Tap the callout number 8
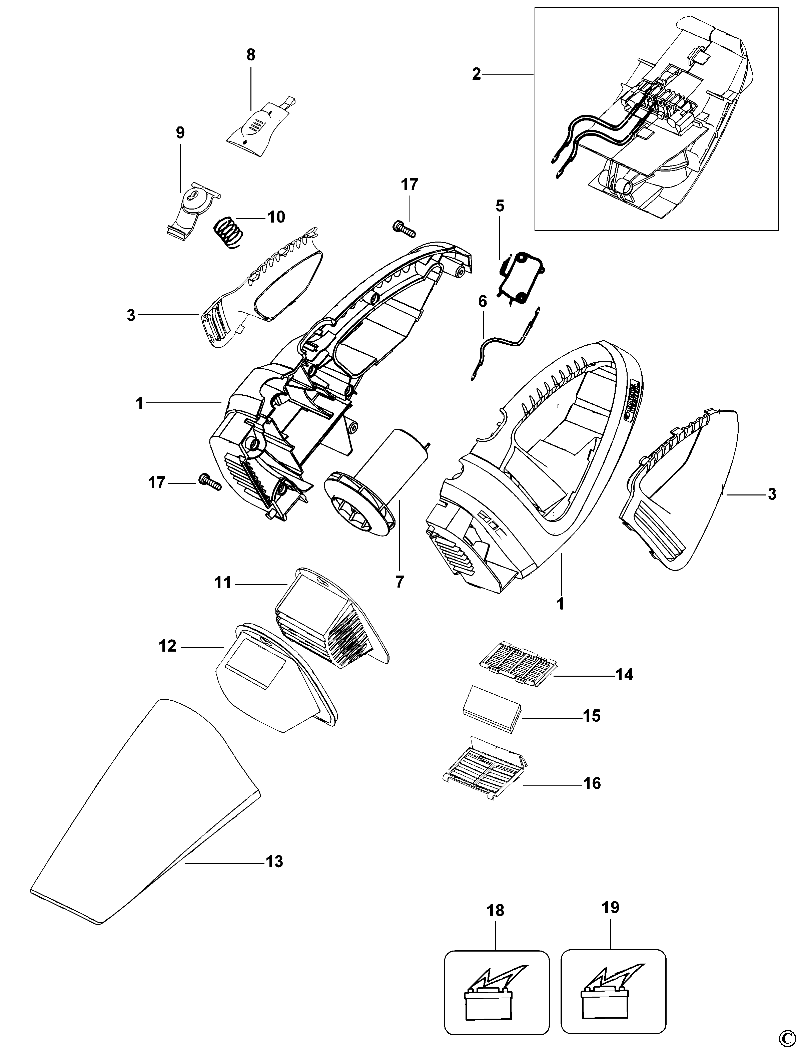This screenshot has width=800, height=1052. pos(250,55)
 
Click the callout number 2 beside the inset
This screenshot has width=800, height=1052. pos(476,74)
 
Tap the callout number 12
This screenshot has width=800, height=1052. pos(168,647)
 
